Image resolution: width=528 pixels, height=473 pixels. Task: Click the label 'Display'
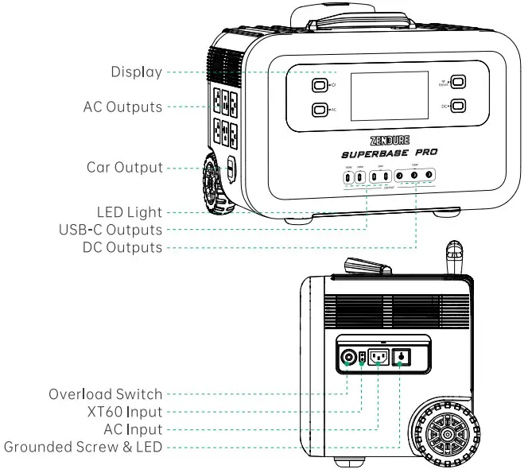[x=136, y=72]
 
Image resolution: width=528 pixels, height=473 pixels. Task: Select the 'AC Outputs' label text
[x=122, y=107]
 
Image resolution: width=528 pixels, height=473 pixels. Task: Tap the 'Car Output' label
[x=125, y=168]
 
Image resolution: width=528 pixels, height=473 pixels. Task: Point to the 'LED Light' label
[x=130, y=213]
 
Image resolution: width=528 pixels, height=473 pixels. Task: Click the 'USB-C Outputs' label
[x=111, y=230]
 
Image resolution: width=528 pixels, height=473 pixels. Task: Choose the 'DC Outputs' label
[x=122, y=247]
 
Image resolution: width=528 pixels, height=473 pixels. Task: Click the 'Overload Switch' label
[x=106, y=394]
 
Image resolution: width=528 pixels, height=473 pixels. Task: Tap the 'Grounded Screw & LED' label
[x=83, y=447]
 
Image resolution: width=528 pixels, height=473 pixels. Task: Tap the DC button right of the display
[x=457, y=106]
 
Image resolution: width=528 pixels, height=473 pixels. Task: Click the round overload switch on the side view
[x=347, y=357]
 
